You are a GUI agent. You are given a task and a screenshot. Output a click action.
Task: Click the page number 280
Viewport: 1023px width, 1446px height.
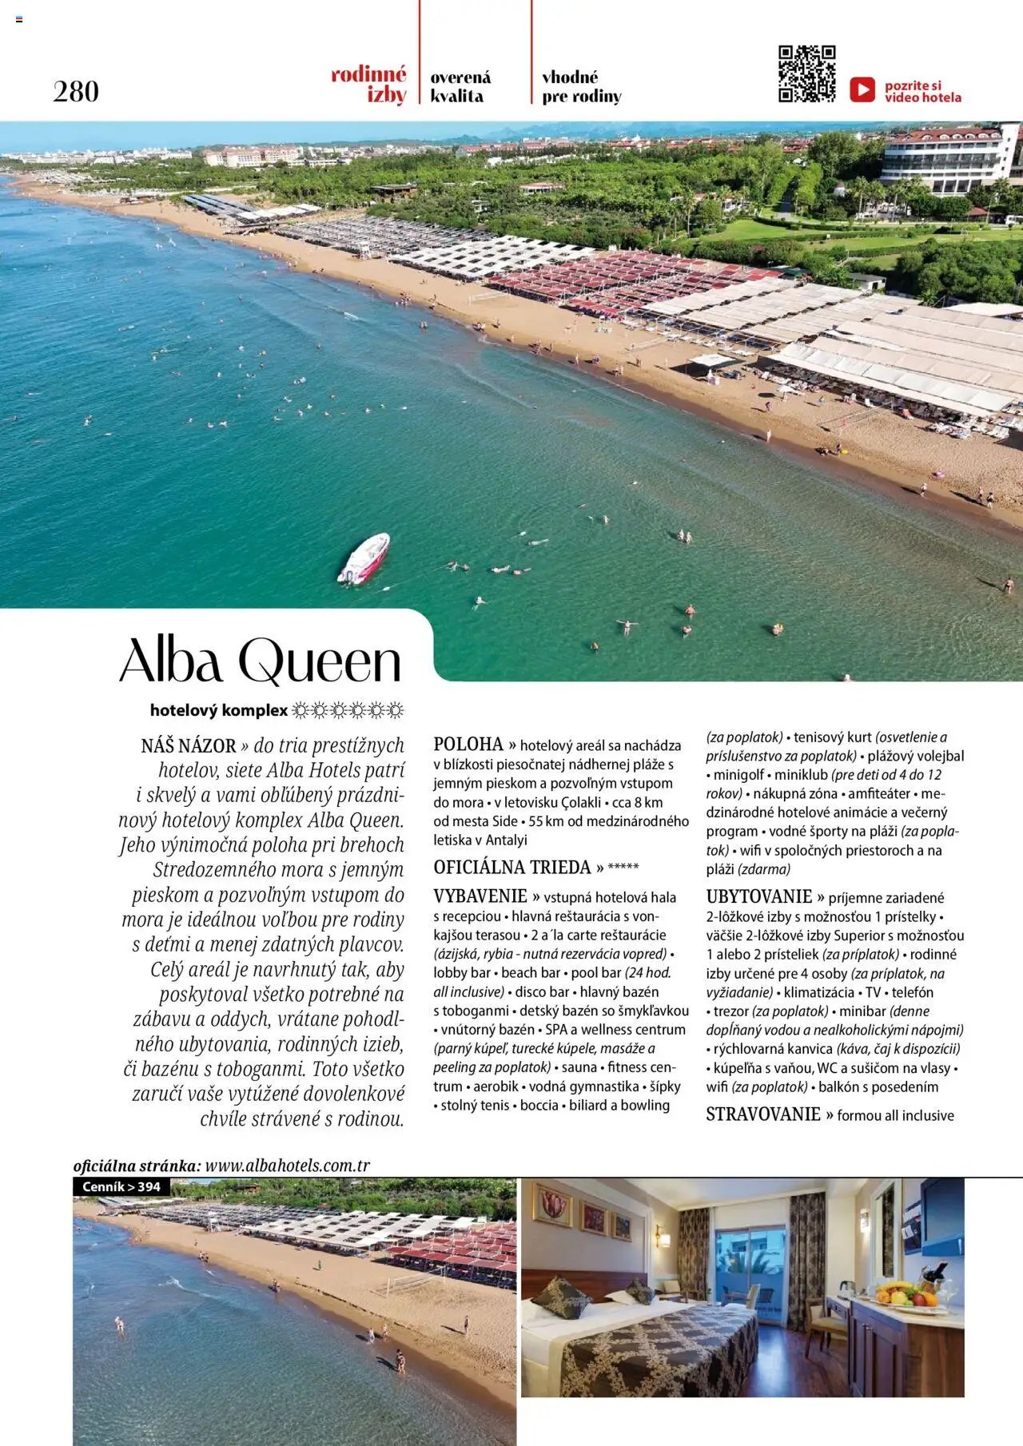pyautogui.click(x=76, y=91)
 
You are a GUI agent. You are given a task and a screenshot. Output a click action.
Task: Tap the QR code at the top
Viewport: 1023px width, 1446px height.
pyautogui.click(x=806, y=74)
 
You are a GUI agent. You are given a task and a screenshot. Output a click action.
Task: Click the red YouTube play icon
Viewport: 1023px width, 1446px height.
pyautogui.click(x=862, y=89)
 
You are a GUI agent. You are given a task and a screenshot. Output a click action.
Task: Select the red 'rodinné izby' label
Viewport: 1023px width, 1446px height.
pyautogui.click(x=369, y=85)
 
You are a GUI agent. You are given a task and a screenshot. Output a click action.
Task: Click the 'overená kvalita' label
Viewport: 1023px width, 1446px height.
pyautogui.click(x=460, y=86)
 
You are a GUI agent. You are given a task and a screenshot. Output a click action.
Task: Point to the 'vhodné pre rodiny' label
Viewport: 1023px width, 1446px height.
pyautogui.click(x=581, y=86)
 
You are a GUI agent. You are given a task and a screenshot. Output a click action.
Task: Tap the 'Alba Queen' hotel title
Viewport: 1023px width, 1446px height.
pyautogui.click(x=261, y=662)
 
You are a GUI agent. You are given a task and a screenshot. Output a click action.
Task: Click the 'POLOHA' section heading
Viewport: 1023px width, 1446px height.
pyautogui.click(x=468, y=745)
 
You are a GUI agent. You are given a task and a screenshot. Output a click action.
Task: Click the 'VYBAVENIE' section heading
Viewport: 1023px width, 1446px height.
pyautogui.click(x=480, y=896)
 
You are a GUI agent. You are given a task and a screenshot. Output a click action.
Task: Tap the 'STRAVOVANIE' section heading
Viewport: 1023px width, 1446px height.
pyautogui.click(x=763, y=1114)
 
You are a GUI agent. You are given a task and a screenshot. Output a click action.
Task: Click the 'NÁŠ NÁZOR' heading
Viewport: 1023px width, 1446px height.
pyautogui.click(x=189, y=746)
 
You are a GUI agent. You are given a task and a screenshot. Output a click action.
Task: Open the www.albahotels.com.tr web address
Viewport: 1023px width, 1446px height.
pyautogui.click(x=288, y=1166)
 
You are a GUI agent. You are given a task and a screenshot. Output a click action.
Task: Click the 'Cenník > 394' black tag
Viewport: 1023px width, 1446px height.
pyautogui.click(x=121, y=1187)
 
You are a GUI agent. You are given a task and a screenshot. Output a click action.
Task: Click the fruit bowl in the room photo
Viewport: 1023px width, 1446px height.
pyautogui.click(x=908, y=1293)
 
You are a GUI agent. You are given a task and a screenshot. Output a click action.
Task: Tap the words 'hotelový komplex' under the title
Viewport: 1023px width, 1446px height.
pyautogui.click(x=218, y=710)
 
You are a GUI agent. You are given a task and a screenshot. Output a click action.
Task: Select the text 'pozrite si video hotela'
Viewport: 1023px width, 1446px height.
pyautogui.click(x=922, y=91)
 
